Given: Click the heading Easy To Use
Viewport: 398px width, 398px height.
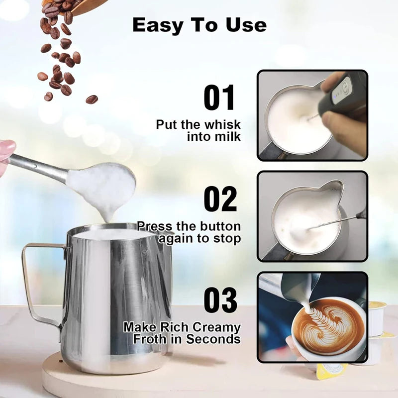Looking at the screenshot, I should [199, 25].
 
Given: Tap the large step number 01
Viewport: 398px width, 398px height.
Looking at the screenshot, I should [219, 98].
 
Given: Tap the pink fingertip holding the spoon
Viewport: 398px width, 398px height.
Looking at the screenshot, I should [6, 149].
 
